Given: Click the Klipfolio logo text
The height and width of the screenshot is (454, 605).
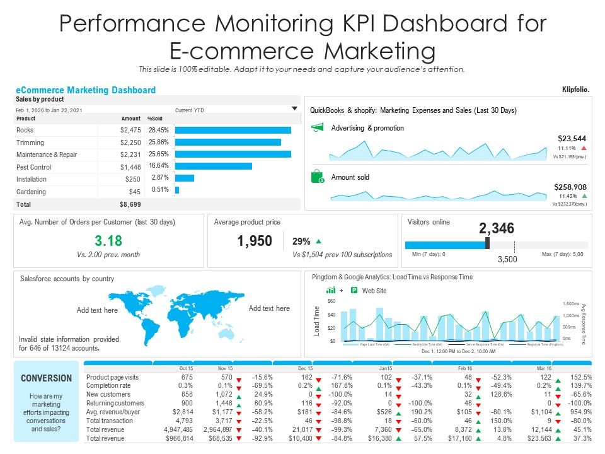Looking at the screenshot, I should pyautogui.click(x=575, y=90).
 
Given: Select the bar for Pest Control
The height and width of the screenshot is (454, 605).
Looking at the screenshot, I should pyautogui.click(x=213, y=166).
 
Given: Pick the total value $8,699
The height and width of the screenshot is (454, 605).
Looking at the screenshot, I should pyautogui.click(x=130, y=204).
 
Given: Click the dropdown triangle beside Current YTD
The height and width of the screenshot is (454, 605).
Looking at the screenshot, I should pyautogui.click(x=294, y=109).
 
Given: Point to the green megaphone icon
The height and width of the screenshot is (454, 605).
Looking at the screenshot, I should pyautogui.click(x=318, y=128).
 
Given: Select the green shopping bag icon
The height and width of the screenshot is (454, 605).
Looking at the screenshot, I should pyautogui.click(x=318, y=177).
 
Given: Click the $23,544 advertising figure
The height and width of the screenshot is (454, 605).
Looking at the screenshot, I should pyautogui.click(x=572, y=138).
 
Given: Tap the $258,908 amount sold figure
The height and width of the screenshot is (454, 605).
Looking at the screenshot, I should pyautogui.click(x=570, y=187).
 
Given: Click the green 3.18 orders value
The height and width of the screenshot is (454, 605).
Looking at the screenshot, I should pyautogui.click(x=108, y=241).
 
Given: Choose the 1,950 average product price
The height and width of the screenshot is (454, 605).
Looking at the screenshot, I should pyautogui.click(x=255, y=241).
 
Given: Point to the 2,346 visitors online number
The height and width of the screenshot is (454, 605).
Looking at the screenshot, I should pyautogui.click(x=497, y=228).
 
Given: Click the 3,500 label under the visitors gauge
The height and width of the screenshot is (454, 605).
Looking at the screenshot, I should pyautogui.click(x=508, y=259).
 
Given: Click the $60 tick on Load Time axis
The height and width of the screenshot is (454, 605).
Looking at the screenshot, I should pyautogui.click(x=331, y=302).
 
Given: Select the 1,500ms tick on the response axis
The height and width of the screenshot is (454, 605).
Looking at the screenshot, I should pyautogui.click(x=570, y=303).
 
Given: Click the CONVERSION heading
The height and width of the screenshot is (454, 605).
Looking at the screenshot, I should pyautogui.click(x=47, y=378).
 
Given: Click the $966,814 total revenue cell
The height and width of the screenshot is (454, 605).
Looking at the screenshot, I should pyautogui.click(x=180, y=437).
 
